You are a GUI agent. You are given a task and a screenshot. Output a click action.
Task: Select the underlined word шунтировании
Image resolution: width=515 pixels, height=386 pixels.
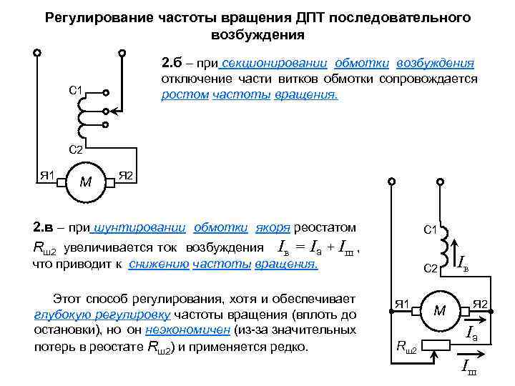pyautogui.click(x=140, y=228)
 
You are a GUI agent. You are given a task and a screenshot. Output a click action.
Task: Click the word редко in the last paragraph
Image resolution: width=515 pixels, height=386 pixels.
pyautogui.click(x=289, y=348)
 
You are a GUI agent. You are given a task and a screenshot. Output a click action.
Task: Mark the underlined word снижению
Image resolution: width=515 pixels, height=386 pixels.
pyautogui.click(x=159, y=264)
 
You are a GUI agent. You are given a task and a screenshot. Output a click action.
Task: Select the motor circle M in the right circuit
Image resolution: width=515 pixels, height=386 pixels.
pyautogui.click(x=440, y=310)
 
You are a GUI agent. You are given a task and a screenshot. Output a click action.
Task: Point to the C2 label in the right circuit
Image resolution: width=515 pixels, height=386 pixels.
pyautogui.click(x=430, y=268)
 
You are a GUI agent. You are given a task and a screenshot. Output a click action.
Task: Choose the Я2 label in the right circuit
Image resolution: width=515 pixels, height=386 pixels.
pyautogui.click(x=479, y=305)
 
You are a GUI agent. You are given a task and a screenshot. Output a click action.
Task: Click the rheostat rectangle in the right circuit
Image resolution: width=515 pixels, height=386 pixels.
pyautogui.click(x=440, y=342)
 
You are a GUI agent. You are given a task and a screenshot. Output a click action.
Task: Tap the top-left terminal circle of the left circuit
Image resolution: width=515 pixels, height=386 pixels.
pyautogui.click(x=36, y=52)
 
